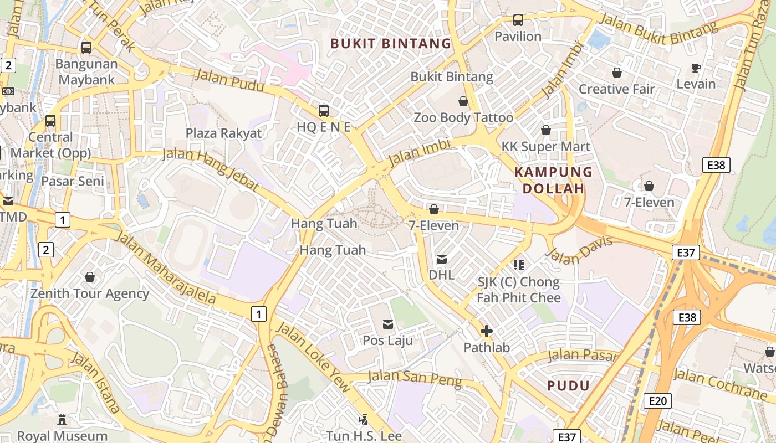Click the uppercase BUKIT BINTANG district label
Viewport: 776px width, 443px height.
391,43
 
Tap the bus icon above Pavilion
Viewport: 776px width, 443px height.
518,20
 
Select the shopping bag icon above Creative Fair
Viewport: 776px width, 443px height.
616,73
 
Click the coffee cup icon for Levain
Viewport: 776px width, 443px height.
696,68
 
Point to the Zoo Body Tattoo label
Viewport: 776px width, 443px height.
463,117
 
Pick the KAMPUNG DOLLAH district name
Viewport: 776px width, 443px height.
553,180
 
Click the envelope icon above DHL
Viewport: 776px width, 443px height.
442,259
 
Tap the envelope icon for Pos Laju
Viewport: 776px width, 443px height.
388,324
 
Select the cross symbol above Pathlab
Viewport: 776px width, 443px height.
486,331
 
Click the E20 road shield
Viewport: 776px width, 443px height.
657,400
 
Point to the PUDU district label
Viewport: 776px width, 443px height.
568,385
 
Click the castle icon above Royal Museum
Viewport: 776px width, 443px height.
62,420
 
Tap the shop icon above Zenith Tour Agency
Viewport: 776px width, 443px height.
90,277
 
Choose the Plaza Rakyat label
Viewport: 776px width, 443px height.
223,133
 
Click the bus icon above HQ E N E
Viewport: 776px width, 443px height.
324,110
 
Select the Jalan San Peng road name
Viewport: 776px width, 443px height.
415,379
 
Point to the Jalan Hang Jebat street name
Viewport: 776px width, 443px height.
211,169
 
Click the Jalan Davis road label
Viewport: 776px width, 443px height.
579,250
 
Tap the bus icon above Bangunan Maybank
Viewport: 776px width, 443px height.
86,48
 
